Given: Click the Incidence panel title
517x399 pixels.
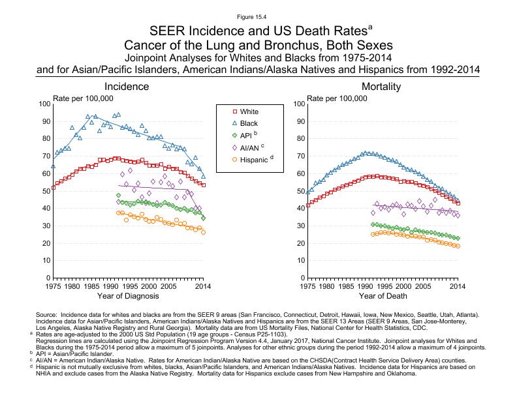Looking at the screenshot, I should click(129, 87).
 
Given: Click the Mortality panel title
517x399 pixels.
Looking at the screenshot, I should click(382, 87).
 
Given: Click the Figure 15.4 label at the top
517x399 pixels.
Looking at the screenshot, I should click(258, 16).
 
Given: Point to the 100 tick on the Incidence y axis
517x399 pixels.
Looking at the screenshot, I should click(44, 104).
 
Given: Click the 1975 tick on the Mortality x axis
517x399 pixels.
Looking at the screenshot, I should click(307, 286).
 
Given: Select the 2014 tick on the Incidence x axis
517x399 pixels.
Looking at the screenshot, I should click(203, 286).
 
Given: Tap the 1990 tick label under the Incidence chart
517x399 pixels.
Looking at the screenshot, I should click(110, 286).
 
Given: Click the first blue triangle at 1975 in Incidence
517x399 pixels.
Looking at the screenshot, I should click(54, 166).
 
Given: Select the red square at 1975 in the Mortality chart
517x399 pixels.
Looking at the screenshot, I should click(307, 205).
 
